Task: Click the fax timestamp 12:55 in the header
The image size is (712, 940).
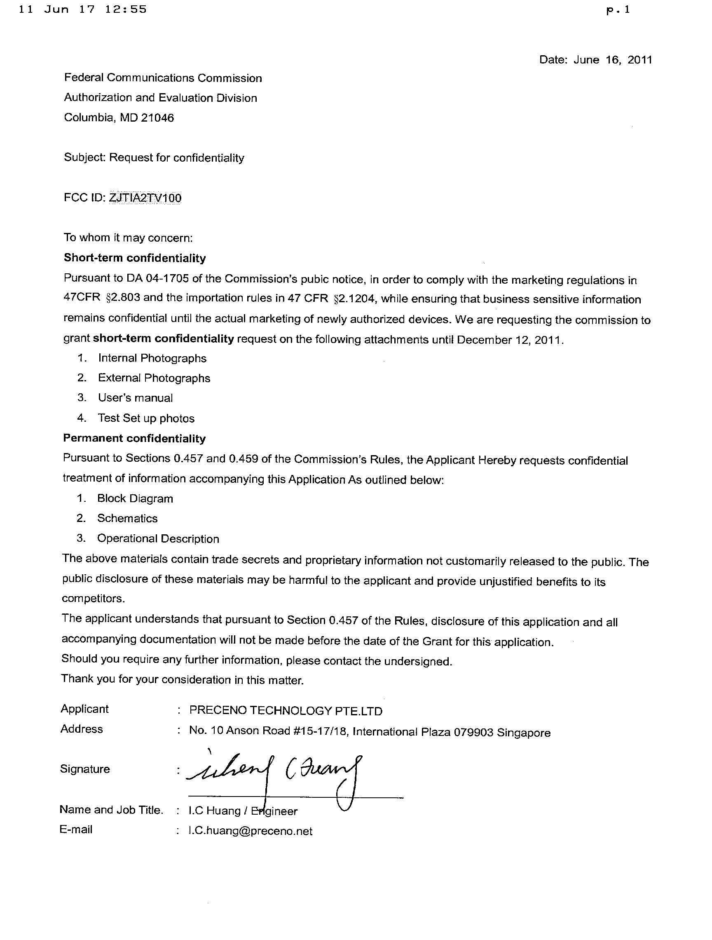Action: (x=126, y=9)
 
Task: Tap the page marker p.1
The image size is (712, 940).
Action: (x=618, y=11)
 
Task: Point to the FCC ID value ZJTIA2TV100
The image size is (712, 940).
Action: (x=145, y=198)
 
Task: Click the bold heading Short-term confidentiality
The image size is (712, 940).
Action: (x=135, y=258)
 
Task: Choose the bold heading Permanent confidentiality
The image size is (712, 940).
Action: (x=134, y=438)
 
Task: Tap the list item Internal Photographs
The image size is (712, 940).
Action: (x=152, y=358)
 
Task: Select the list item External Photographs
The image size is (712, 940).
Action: (x=154, y=378)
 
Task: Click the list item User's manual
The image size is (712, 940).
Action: (x=135, y=398)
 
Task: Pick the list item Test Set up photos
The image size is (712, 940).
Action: (x=146, y=418)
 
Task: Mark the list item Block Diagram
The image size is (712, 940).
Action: (x=135, y=498)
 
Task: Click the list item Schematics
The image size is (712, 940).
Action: (x=127, y=519)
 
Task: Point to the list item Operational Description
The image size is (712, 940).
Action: (x=158, y=539)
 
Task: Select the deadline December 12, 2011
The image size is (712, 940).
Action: (x=509, y=340)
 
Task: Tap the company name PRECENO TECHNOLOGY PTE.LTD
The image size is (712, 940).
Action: (x=286, y=710)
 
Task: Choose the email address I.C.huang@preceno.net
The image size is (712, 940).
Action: (x=250, y=831)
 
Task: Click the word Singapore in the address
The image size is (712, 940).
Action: (x=523, y=733)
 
